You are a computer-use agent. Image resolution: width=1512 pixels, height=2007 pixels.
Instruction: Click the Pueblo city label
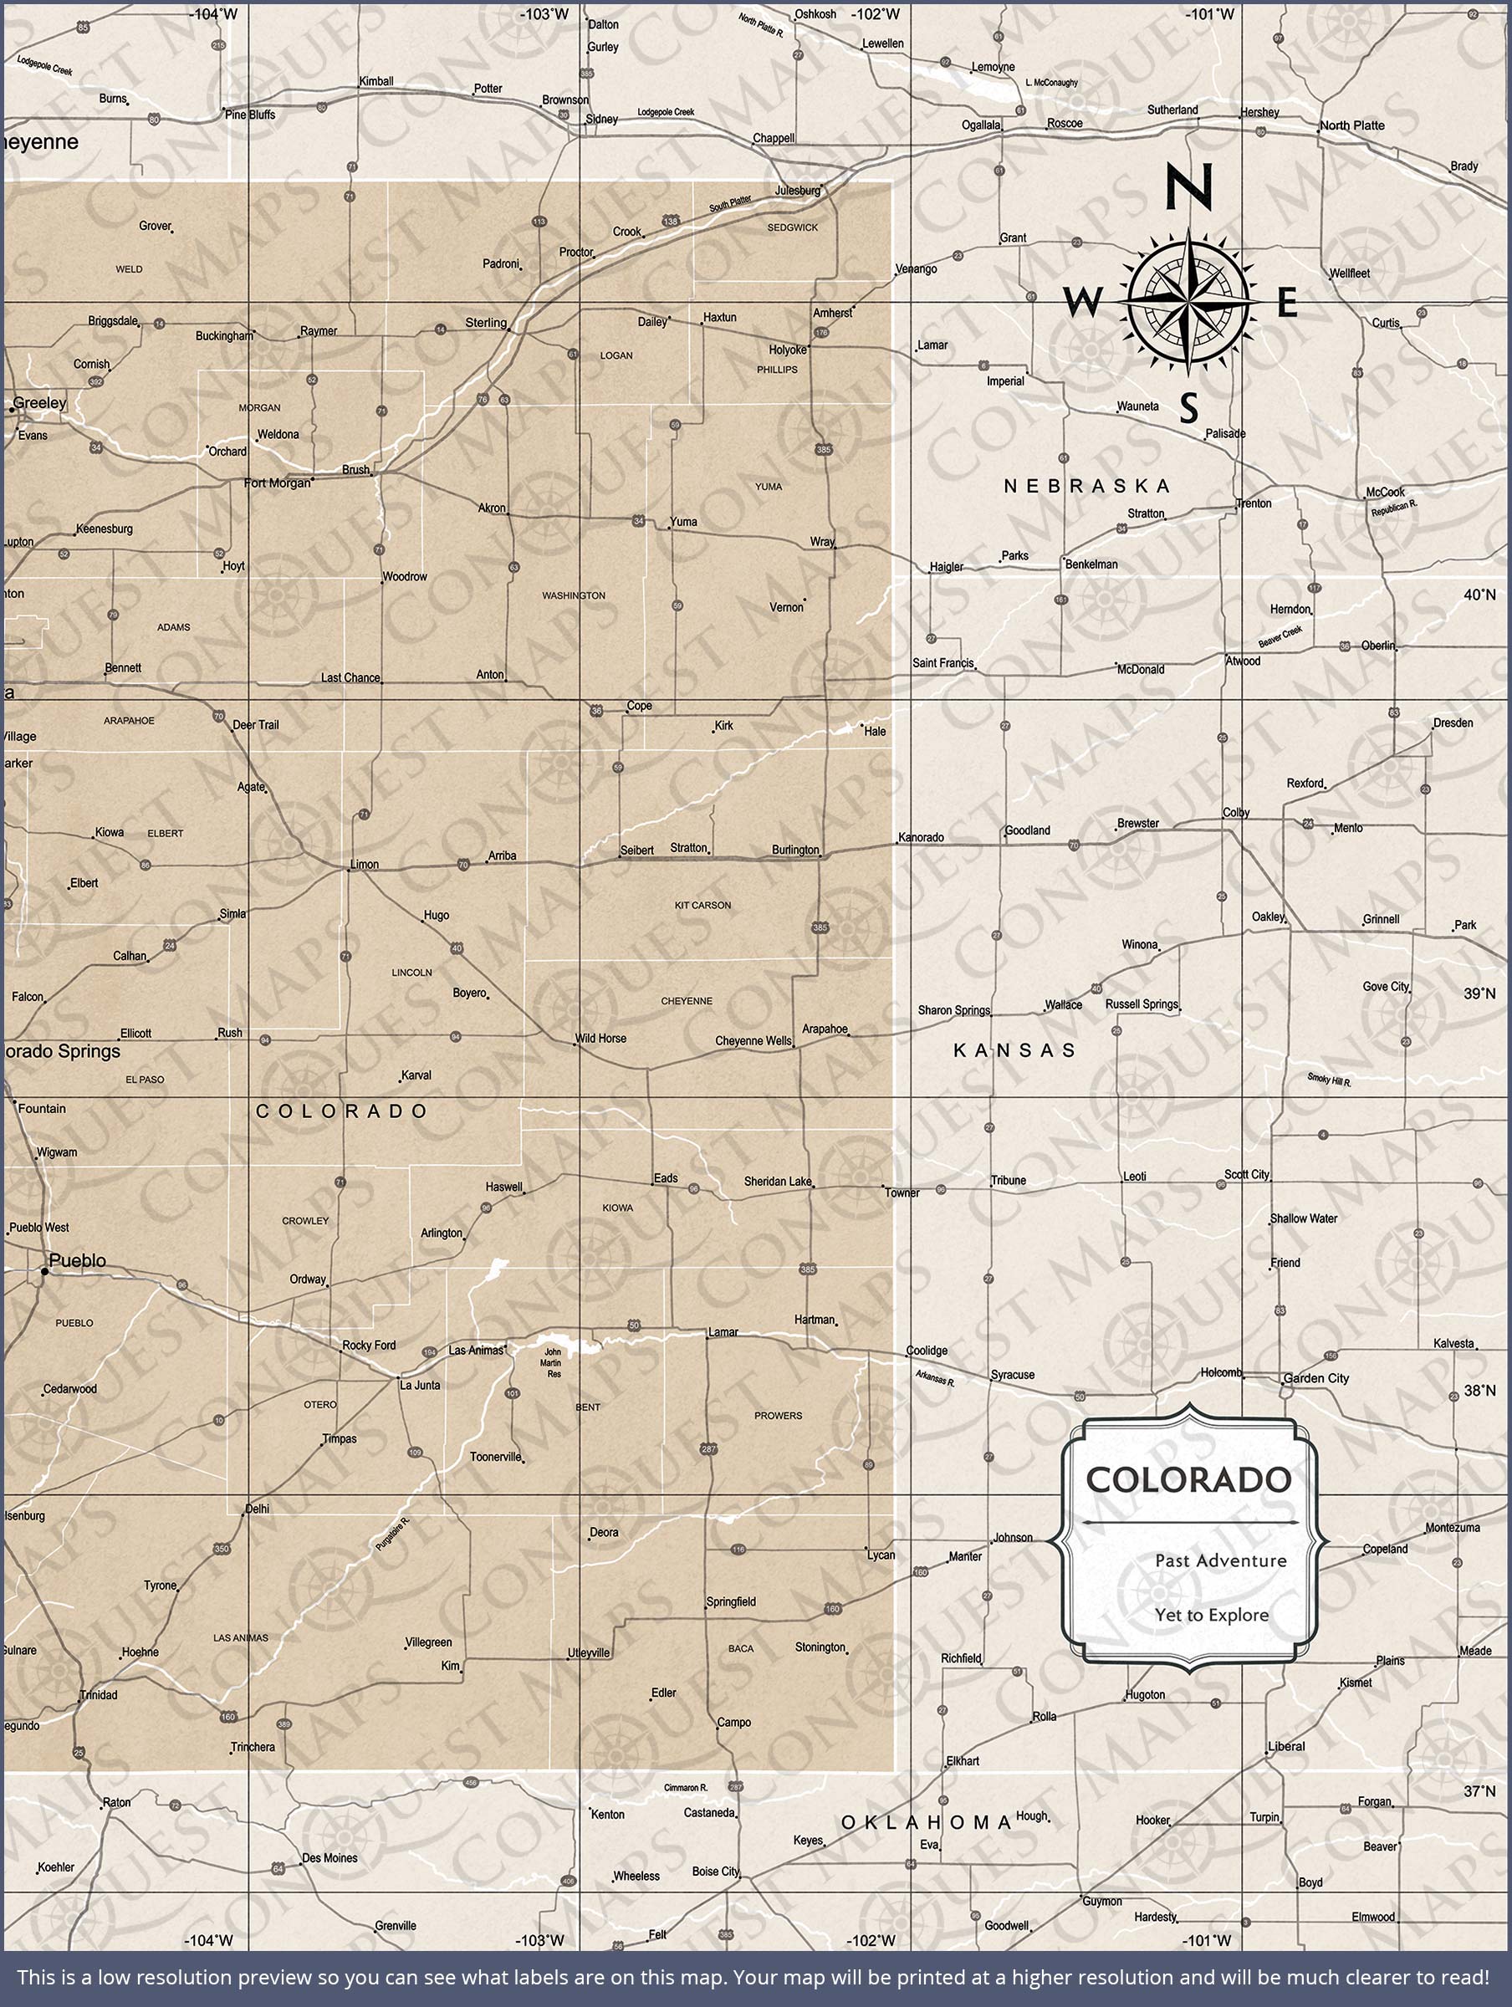coord(77,1260)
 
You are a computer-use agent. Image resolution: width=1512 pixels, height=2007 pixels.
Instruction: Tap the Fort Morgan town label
coord(277,483)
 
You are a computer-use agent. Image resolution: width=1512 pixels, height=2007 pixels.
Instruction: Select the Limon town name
coord(364,865)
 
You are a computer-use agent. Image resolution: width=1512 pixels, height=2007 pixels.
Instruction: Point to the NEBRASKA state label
coord(1086,487)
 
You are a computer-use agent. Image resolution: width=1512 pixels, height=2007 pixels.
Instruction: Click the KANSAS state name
coord(1014,1050)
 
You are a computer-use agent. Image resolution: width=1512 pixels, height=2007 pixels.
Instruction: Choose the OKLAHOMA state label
coord(926,1822)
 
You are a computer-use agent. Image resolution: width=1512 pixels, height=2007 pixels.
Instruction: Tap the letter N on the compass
coord(1188,187)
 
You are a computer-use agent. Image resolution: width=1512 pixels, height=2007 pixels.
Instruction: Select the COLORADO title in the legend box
coord(1189,1480)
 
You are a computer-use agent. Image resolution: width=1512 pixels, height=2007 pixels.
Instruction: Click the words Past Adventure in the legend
coord(1220,1560)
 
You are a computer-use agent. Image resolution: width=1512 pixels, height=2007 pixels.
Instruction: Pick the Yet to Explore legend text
coord(1212,1615)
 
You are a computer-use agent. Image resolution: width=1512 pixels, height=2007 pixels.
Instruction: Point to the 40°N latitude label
coord(1479,595)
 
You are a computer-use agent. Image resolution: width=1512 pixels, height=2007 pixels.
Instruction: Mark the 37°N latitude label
coord(1479,1792)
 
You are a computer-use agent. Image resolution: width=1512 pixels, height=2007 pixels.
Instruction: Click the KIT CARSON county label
coord(702,906)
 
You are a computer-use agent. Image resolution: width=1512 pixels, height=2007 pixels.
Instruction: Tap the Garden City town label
coord(1316,1378)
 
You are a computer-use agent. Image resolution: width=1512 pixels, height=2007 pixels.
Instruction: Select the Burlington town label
coord(795,850)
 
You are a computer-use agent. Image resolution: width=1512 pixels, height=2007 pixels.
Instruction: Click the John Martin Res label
coord(552,1363)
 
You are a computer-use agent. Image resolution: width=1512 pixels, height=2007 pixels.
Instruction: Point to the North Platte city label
coord(1351,125)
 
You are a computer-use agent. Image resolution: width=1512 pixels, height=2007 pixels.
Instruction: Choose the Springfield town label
coord(731,1601)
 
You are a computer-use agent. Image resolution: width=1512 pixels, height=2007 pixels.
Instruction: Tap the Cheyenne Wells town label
coord(753,1040)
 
